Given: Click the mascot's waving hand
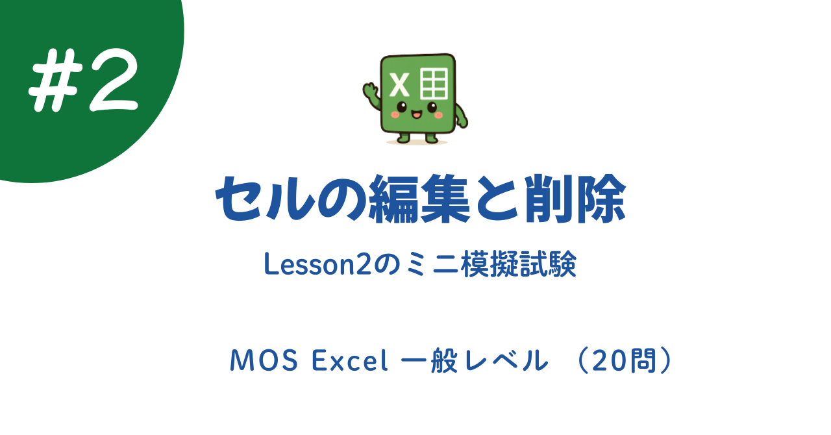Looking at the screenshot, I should tap(371, 90).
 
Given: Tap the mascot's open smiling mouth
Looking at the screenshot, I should tap(416, 114).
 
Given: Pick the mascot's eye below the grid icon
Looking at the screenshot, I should tap(430, 106).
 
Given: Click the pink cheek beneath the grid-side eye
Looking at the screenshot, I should tap(438, 115).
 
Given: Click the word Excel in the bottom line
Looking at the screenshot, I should tap(350, 361).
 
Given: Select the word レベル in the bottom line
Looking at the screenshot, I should tap(512, 361).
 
